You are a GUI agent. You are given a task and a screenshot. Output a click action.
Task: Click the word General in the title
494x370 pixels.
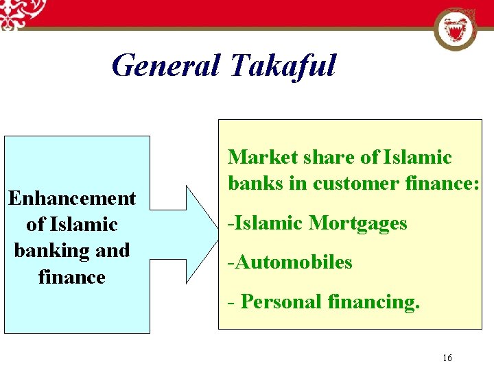[x=165, y=66]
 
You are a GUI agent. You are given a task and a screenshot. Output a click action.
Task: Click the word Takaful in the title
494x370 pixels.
[x=283, y=66]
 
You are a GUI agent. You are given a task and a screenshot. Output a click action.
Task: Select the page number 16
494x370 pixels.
[x=447, y=358]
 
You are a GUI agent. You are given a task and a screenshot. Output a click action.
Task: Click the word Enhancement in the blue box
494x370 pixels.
[x=72, y=199]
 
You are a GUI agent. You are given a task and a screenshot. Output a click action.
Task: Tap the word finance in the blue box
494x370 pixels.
[x=72, y=277]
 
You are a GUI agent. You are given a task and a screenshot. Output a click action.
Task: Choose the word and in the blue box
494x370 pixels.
[x=113, y=251]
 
